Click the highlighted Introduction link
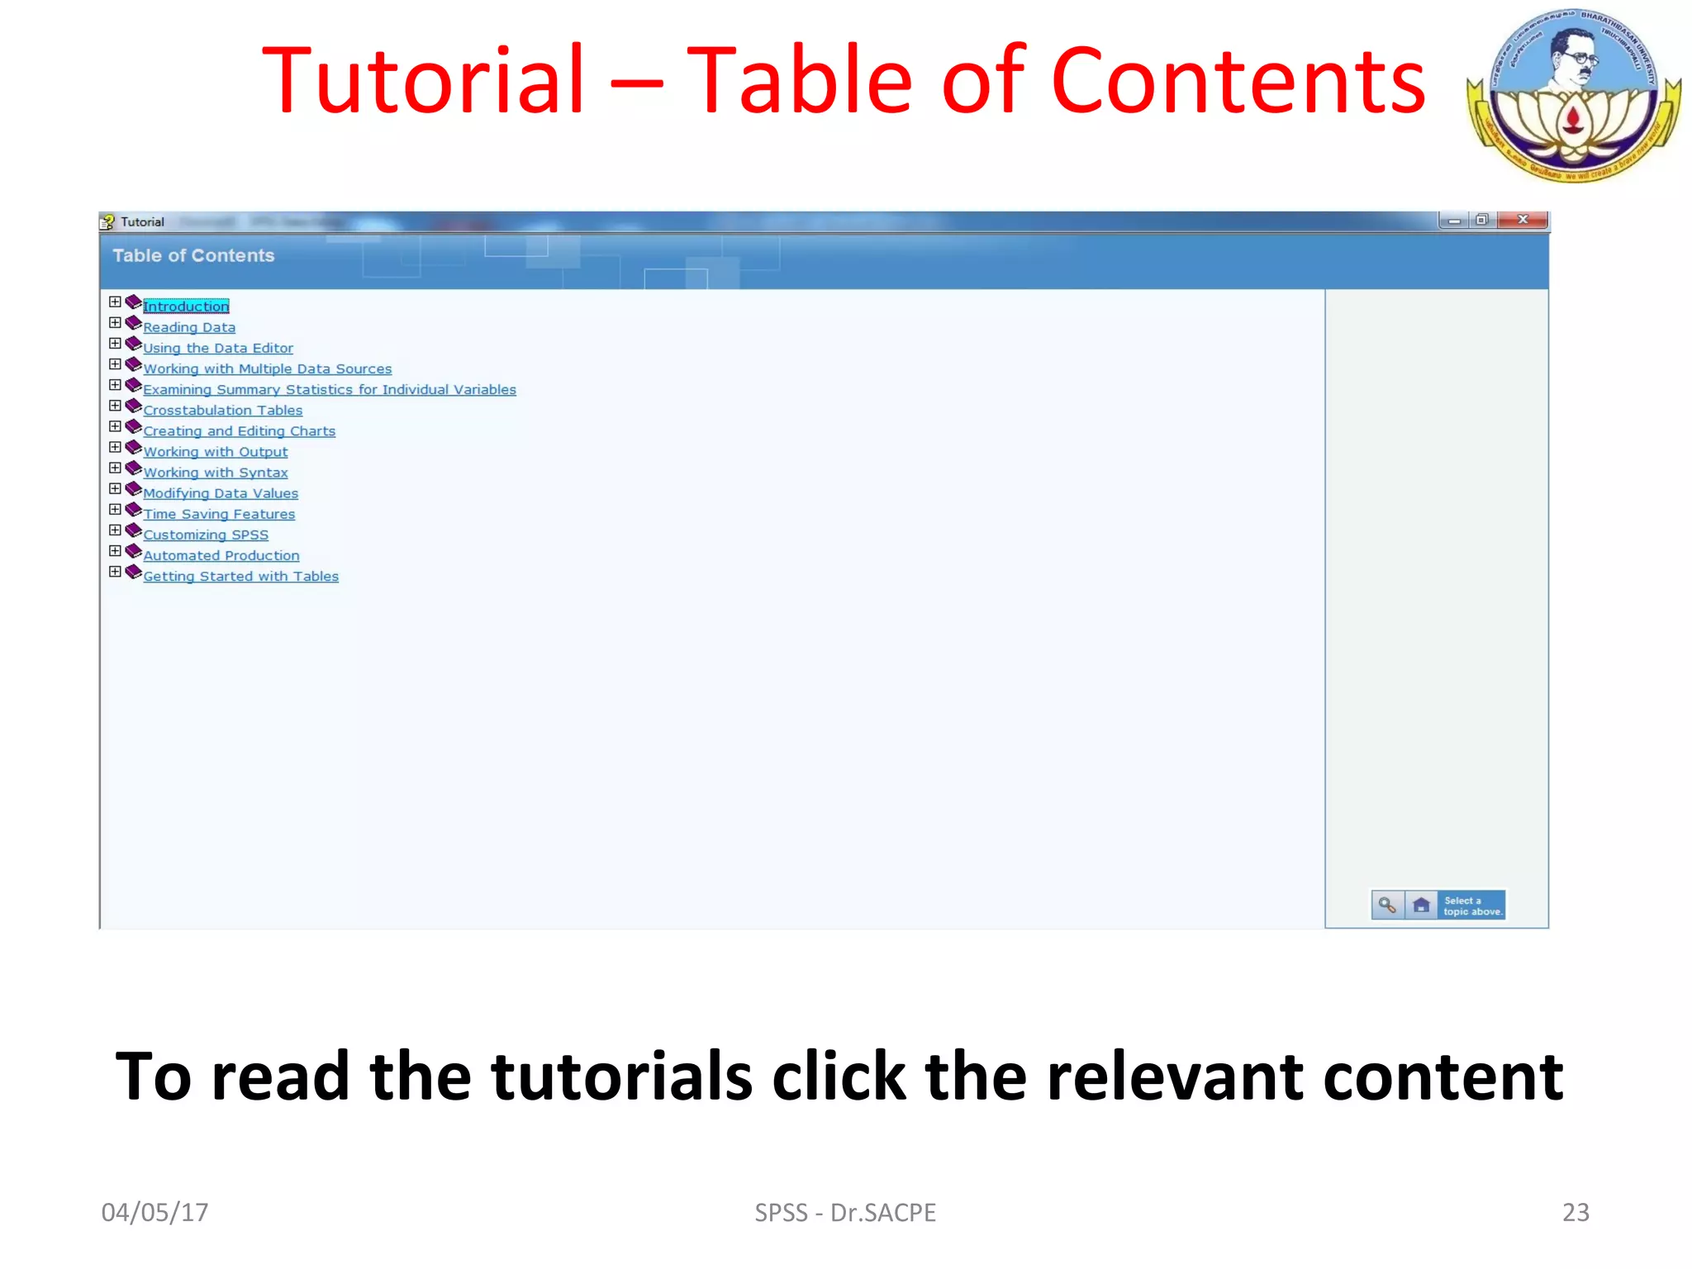pos(186,307)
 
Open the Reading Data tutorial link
pos(189,327)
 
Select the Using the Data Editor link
pos(218,348)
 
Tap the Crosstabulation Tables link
pos(223,411)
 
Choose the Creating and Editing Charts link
pos(240,431)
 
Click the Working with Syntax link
pos(216,473)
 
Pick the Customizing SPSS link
pos(206,535)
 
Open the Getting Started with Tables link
pos(241,577)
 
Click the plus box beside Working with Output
pos(115,447)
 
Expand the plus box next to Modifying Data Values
pos(115,488)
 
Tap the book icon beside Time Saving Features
pos(133,509)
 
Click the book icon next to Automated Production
pos(133,550)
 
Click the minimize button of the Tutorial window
pos(1454,221)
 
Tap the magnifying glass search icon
pos(1387,905)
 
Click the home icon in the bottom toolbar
pos(1421,905)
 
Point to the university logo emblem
pos(1574,95)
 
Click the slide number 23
pos(1576,1212)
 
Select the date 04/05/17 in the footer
pos(154,1212)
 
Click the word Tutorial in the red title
pos(423,81)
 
